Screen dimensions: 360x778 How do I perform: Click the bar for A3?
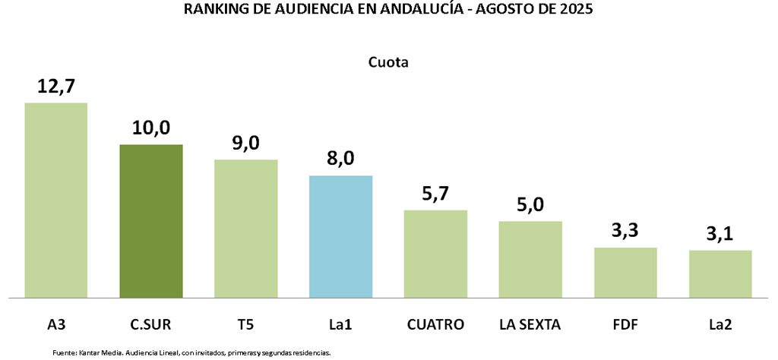(x=55, y=200)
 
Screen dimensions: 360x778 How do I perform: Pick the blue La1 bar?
(x=340, y=236)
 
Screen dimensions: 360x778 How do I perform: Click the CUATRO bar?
(x=435, y=254)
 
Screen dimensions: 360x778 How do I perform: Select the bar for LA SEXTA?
(x=530, y=259)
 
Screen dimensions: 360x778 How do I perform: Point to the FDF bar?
(x=625, y=272)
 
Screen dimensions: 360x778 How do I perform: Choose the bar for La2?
(x=720, y=273)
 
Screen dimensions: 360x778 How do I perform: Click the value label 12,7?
(x=56, y=86)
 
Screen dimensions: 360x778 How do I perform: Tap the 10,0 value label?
(x=150, y=128)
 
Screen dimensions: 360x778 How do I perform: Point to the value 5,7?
(x=435, y=194)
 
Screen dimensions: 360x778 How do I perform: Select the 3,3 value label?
(x=625, y=231)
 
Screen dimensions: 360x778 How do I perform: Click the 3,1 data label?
(x=720, y=234)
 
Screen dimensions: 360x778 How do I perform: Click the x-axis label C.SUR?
(x=150, y=325)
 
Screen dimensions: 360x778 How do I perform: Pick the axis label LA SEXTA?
(x=530, y=325)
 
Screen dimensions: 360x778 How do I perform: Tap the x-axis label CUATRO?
(x=435, y=325)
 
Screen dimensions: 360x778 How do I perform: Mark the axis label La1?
(x=340, y=325)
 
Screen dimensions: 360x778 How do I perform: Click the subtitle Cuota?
(x=389, y=62)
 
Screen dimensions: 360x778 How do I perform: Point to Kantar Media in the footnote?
(x=97, y=353)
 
